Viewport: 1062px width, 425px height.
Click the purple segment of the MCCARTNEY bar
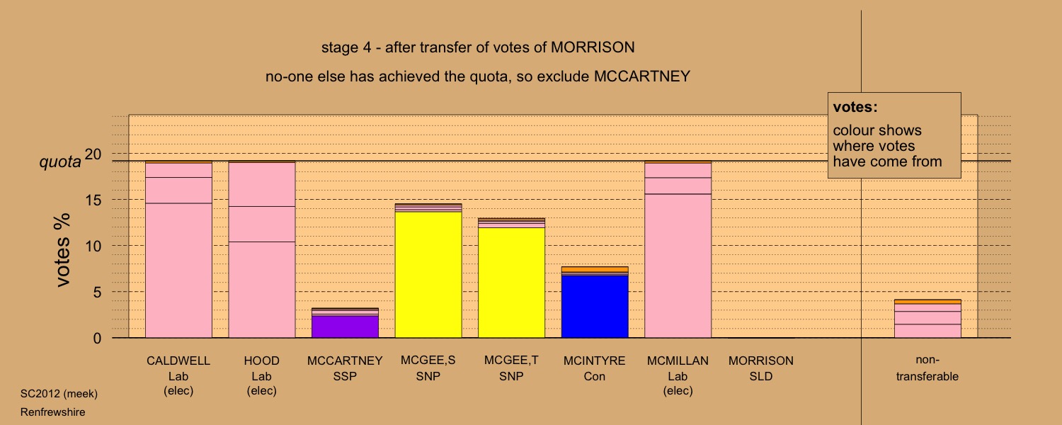(x=345, y=327)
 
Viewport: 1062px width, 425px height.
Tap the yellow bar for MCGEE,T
(x=511, y=283)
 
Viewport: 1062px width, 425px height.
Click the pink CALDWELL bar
(x=178, y=269)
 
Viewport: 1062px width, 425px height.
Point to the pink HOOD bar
(x=262, y=283)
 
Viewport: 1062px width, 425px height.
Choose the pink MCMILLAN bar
(x=678, y=269)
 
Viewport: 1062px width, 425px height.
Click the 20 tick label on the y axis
(x=93, y=154)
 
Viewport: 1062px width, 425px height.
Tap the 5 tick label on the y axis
(x=98, y=292)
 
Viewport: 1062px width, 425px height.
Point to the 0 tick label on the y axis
(x=98, y=338)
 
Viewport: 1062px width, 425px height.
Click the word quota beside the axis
(x=59, y=162)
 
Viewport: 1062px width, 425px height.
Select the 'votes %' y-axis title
(x=64, y=249)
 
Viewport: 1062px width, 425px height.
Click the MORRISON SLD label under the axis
(x=760, y=368)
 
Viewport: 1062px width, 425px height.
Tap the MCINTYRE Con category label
(x=595, y=368)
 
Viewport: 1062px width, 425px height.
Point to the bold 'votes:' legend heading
(x=855, y=107)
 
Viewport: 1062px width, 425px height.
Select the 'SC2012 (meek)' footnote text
(x=59, y=393)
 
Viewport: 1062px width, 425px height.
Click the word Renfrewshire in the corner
(x=53, y=412)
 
